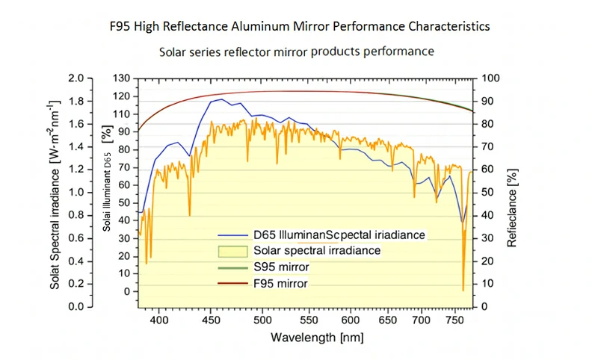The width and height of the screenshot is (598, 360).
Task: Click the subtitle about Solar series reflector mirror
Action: [297, 52]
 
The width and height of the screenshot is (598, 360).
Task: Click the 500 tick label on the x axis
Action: [262, 320]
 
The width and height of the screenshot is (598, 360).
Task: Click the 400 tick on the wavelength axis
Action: [158, 320]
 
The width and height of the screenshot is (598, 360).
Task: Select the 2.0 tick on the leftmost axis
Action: [75, 78]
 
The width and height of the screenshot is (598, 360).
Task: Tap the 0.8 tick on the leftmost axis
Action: [75, 215]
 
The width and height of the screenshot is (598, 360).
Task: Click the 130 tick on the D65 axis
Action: [120, 78]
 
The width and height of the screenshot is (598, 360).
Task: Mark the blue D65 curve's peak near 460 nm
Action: [221, 99]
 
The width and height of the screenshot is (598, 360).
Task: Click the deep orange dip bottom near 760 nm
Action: [463, 290]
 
